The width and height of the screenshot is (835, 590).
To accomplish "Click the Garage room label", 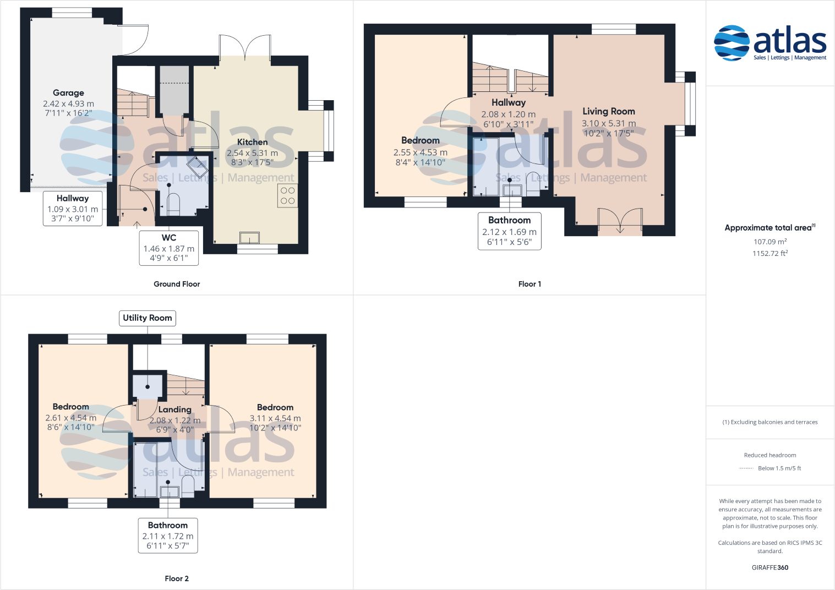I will click(x=68, y=93).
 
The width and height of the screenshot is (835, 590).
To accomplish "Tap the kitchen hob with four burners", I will click(x=287, y=196).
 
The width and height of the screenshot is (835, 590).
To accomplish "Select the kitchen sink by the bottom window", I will click(x=249, y=238).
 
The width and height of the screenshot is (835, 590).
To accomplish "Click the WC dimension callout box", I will click(x=168, y=248).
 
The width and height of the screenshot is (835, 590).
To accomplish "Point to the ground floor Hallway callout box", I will click(x=73, y=209).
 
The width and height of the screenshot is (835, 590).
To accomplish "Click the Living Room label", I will click(x=608, y=111).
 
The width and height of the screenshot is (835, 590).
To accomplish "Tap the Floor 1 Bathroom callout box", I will click(x=509, y=231).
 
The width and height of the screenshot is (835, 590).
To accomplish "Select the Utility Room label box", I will click(x=147, y=318).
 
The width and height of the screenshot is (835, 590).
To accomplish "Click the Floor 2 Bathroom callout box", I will click(x=167, y=536).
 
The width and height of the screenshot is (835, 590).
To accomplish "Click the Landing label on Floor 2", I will click(x=174, y=409).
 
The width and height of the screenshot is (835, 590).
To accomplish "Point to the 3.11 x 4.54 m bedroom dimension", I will click(x=275, y=418).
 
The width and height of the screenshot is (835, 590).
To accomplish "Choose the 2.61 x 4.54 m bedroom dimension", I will click(x=70, y=418).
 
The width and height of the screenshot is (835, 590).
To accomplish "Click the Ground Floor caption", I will click(x=177, y=284).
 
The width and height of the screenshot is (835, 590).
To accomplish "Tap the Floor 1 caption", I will click(x=530, y=284).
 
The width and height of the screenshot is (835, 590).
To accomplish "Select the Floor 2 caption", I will click(x=177, y=578).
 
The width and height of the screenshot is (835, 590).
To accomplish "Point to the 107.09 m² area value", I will click(x=769, y=242).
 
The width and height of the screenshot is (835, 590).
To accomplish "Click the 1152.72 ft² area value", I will click(x=769, y=254).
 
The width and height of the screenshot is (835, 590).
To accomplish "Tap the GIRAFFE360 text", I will click(x=769, y=567).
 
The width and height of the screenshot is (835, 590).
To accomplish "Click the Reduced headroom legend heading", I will click(x=769, y=455).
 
